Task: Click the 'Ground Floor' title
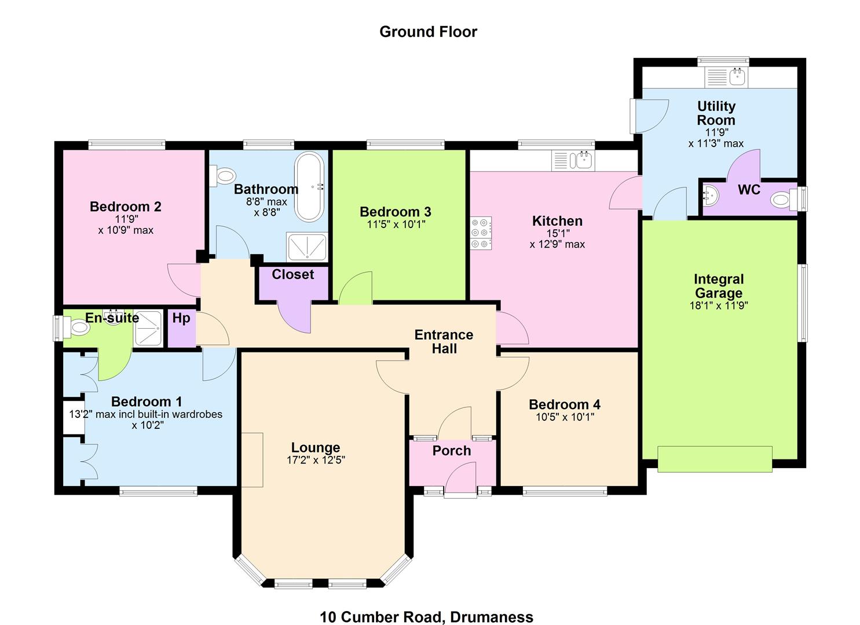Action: coord(428,32)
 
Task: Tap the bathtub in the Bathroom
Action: coord(309,187)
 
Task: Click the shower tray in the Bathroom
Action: coord(307,247)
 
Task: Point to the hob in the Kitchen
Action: coord(481,233)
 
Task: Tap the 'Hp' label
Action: coord(181,318)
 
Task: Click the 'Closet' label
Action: coord(292,274)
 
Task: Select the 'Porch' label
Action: coord(452,450)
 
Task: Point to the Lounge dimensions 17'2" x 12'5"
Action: coord(316,459)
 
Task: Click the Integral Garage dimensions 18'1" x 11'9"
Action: coord(718,306)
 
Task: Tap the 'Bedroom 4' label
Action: coord(565,405)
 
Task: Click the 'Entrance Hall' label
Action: coord(444,341)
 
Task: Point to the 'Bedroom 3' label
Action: coord(396,212)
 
